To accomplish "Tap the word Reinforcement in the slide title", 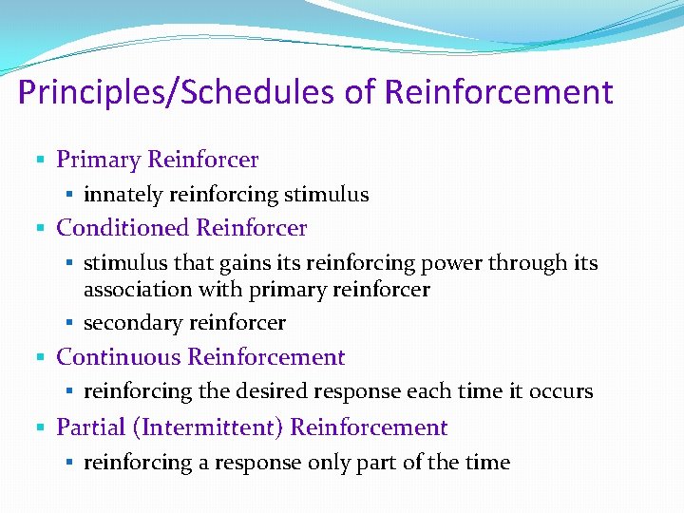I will point(499,93).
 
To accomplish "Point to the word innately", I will point(123,195).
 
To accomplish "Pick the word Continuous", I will point(119,357).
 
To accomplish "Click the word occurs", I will point(561,391).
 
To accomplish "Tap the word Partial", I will point(91,427).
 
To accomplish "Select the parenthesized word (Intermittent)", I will point(208,427).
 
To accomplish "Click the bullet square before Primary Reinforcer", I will point(40,161).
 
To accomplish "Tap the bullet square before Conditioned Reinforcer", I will point(40,229).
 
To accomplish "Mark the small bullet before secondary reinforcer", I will point(70,324).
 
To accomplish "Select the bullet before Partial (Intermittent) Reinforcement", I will point(40,428).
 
